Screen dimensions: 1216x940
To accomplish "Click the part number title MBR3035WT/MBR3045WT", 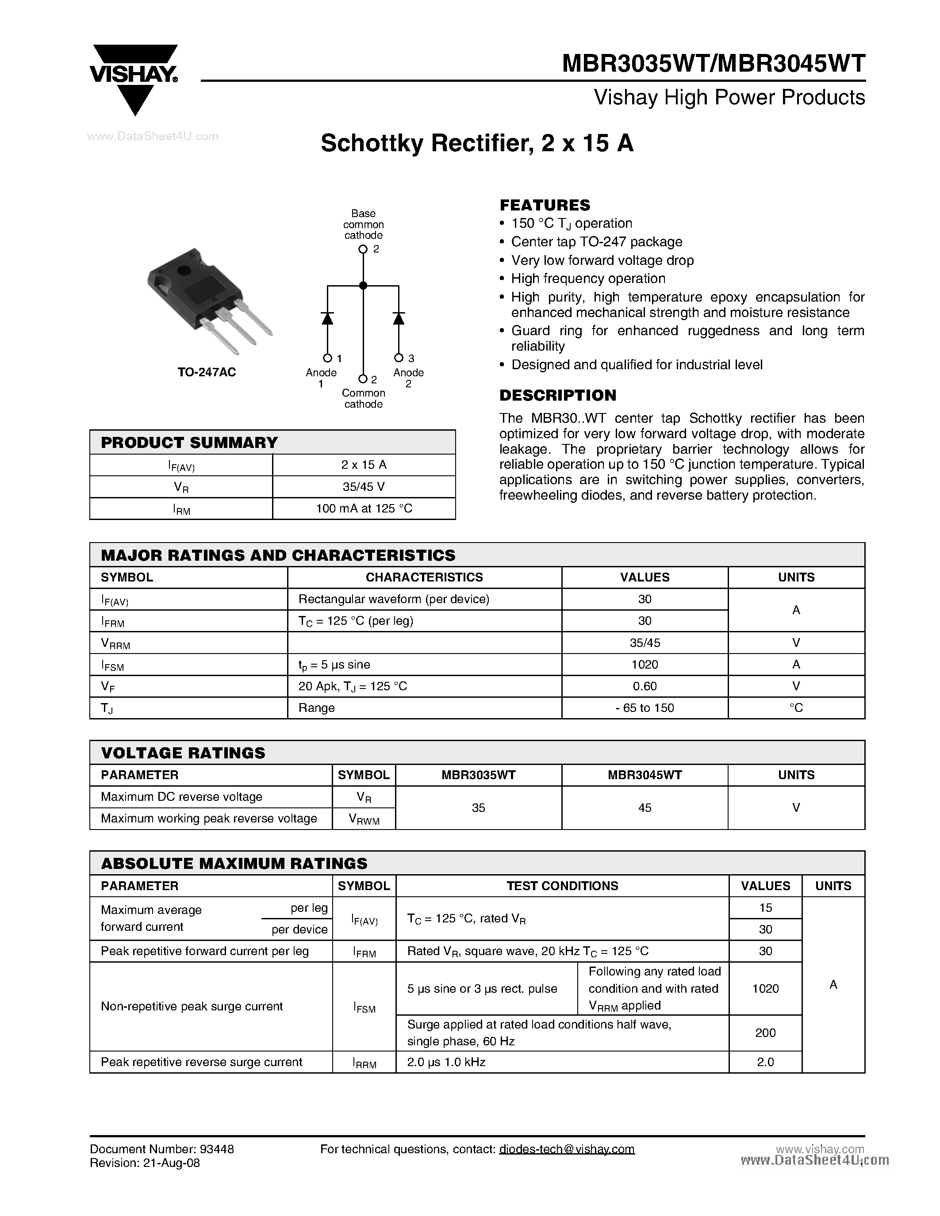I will (x=714, y=64).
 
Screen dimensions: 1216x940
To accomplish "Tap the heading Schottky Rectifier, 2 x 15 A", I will (x=477, y=144).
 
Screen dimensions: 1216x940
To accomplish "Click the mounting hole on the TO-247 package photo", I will (x=181, y=271).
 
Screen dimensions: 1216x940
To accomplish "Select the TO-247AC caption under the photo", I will (x=207, y=372).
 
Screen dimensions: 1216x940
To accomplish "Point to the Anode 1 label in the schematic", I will (x=321, y=378).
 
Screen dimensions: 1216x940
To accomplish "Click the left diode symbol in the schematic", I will (x=327, y=318).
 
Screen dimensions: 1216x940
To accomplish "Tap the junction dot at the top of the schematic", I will (x=363, y=286).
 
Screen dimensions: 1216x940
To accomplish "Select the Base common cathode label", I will (x=363, y=224).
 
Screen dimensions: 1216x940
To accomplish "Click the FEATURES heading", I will (x=545, y=205).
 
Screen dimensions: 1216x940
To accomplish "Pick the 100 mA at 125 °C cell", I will (x=364, y=509).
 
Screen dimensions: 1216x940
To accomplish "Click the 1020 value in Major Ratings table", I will (x=645, y=664).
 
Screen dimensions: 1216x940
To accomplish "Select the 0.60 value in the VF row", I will (x=645, y=686).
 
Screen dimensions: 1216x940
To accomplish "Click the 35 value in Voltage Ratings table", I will (x=478, y=807).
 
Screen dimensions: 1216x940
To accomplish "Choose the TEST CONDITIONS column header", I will (x=562, y=885).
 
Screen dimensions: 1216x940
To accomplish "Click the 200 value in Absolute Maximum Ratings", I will (x=765, y=1033).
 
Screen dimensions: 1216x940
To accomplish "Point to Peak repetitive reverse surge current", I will (x=202, y=1062).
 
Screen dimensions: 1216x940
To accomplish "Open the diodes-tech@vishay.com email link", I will (x=567, y=1149).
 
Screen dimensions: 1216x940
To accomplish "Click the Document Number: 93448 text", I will (x=161, y=1149).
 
